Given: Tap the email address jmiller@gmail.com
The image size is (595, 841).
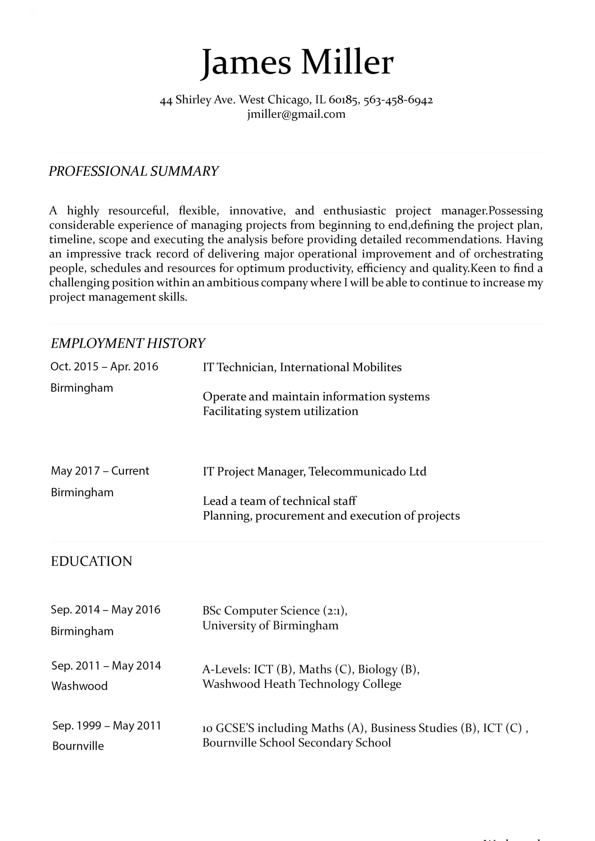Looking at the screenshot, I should [x=296, y=114].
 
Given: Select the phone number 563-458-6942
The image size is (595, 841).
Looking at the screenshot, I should [x=398, y=100].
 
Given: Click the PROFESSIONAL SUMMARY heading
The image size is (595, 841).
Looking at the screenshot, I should [x=133, y=171].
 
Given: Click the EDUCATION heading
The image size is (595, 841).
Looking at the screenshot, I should [x=91, y=561].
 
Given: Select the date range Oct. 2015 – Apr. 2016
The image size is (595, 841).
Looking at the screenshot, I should [x=104, y=366].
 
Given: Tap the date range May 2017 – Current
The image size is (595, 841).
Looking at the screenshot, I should [x=100, y=471].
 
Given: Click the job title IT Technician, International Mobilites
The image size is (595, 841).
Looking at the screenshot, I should [x=302, y=367].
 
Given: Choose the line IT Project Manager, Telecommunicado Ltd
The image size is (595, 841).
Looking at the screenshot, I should [x=315, y=471].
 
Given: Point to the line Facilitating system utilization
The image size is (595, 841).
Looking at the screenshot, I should [x=280, y=411].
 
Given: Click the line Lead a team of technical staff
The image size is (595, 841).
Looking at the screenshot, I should [x=279, y=501].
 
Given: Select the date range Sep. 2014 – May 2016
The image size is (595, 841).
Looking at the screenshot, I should [x=106, y=609].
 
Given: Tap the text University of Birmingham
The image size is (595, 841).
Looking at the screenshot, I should [x=271, y=625].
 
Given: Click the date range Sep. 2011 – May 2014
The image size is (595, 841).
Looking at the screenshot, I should [x=106, y=666].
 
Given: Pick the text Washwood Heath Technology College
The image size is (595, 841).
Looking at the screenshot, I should [x=302, y=684].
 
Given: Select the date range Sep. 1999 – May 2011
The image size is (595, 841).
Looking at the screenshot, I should [x=107, y=726].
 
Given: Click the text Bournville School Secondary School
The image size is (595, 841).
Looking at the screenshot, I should [x=297, y=742].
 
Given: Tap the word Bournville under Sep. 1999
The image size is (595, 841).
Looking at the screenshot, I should [x=78, y=746].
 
